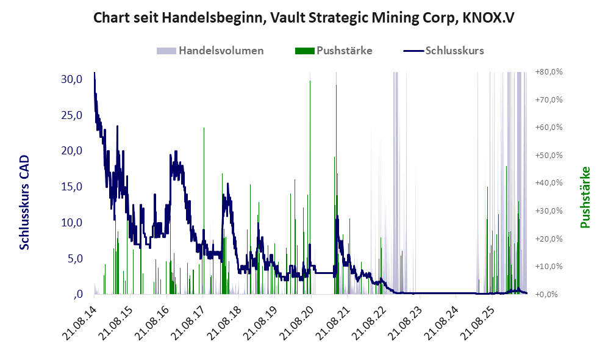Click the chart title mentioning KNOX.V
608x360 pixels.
(x=304, y=18)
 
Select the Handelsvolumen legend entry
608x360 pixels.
(x=210, y=51)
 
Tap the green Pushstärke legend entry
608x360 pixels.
(x=334, y=51)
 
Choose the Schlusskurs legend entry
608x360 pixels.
(x=443, y=51)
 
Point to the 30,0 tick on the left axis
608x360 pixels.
(x=72, y=79)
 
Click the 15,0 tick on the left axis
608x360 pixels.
(x=72, y=187)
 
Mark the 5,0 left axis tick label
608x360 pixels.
(x=75, y=258)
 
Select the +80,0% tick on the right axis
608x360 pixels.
(x=549, y=72)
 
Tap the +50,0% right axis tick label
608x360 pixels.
(x=549, y=155)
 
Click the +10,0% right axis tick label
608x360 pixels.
(x=549, y=267)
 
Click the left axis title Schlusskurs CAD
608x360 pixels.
(x=24, y=203)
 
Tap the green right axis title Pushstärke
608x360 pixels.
(x=585, y=197)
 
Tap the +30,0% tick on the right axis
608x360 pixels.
(x=549, y=211)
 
